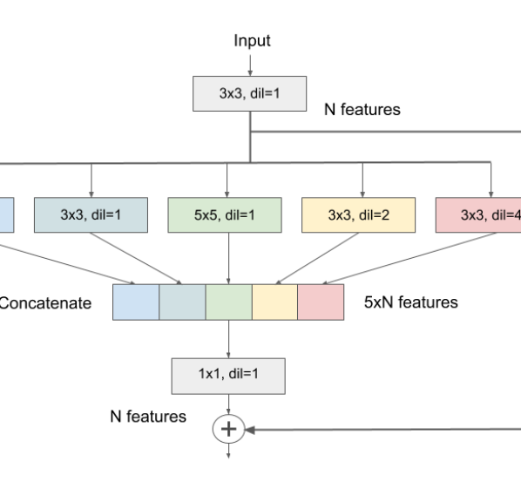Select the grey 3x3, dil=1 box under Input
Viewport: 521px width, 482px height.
pyautogui.click(x=250, y=93)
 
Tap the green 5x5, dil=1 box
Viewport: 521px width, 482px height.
pyautogui.click(x=227, y=214)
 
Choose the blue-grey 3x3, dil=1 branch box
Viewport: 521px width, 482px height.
pyautogui.click(x=91, y=214)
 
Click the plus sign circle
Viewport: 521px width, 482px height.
pyautogui.click(x=227, y=429)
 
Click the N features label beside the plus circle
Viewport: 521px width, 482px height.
pyautogui.click(x=147, y=417)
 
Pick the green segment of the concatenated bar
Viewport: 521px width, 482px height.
pyautogui.click(x=228, y=302)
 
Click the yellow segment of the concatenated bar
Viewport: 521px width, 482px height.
pyautogui.click(x=274, y=302)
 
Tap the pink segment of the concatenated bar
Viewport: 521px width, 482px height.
pyautogui.click(x=321, y=302)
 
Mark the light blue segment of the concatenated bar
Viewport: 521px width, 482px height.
pyautogui.click(x=136, y=302)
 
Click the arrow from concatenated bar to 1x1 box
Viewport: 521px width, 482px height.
pyautogui.click(x=227, y=337)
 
